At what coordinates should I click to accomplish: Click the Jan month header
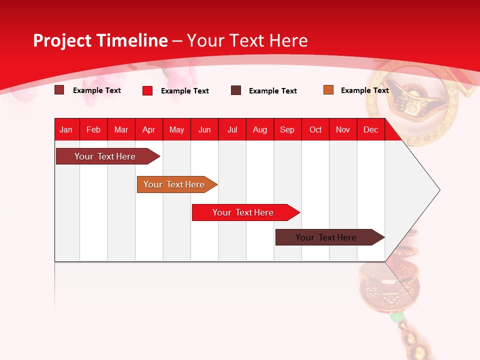(66, 129)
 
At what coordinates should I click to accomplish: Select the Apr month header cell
(149, 129)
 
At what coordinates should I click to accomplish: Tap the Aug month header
(260, 129)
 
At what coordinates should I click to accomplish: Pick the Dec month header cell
(371, 129)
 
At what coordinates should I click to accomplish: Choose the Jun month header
(204, 129)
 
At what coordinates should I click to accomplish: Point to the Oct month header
(315, 129)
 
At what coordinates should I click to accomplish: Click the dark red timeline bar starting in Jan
(105, 156)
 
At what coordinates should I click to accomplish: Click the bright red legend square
(147, 90)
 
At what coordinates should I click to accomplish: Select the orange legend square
(328, 90)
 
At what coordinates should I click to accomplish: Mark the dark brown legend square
(236, 90)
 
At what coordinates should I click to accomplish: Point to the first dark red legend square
(59, 90)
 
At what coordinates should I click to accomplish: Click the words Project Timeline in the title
(100, 40)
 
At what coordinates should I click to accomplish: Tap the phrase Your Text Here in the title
(247, 40)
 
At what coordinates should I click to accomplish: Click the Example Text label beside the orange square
(364, 90)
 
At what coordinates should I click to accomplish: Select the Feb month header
(93, 129)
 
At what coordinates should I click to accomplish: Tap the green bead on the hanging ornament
(396, 317)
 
